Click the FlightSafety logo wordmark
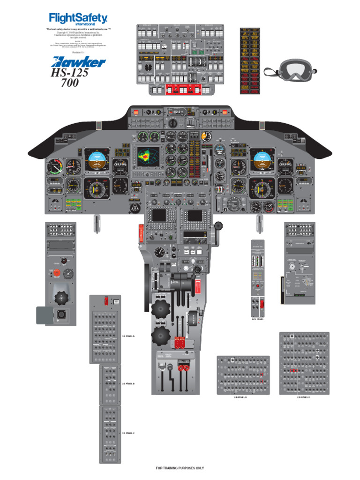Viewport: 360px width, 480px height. click(78, 19)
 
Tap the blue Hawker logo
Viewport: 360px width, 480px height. click(79, 61)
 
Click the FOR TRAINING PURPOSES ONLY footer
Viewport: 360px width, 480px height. click(180, 468)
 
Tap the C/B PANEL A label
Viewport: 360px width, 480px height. click(128, 336)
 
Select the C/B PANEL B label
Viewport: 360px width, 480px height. click(128, 383)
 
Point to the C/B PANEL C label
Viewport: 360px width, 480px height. click(128, 433)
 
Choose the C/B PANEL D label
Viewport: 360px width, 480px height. click(240, 397)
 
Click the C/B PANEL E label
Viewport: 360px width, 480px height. click(303, 397)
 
